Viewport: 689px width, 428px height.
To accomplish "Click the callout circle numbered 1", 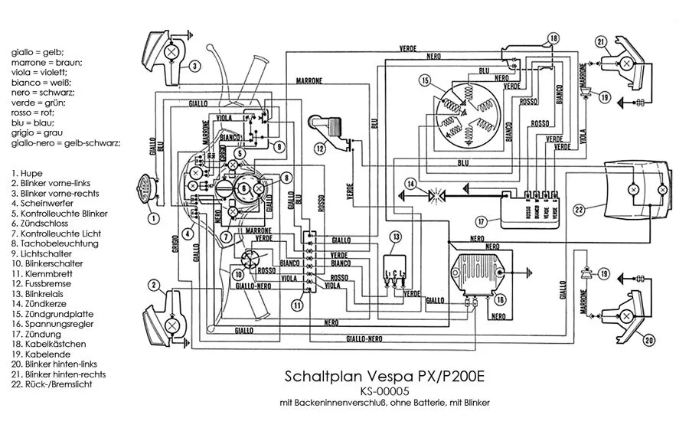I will point(154,218).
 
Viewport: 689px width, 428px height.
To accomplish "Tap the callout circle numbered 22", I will point(580,208).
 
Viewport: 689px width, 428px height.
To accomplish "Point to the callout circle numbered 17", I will point(482,222).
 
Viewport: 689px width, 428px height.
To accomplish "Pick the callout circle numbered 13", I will point(396,237).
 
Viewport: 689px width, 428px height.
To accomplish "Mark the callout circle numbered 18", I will point(553,39).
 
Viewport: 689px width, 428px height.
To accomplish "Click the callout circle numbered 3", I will point(195,67).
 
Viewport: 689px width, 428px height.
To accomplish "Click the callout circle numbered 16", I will point(501,300).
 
